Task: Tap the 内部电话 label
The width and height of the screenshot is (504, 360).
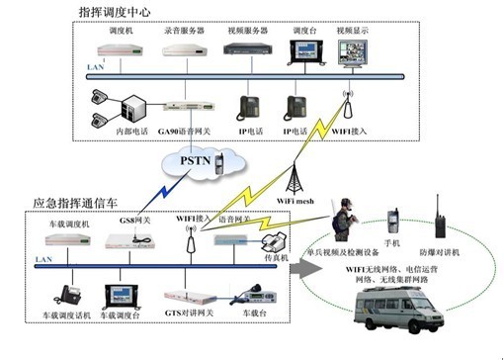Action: (111, 130)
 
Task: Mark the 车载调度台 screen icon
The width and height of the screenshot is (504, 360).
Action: (126, 294)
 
